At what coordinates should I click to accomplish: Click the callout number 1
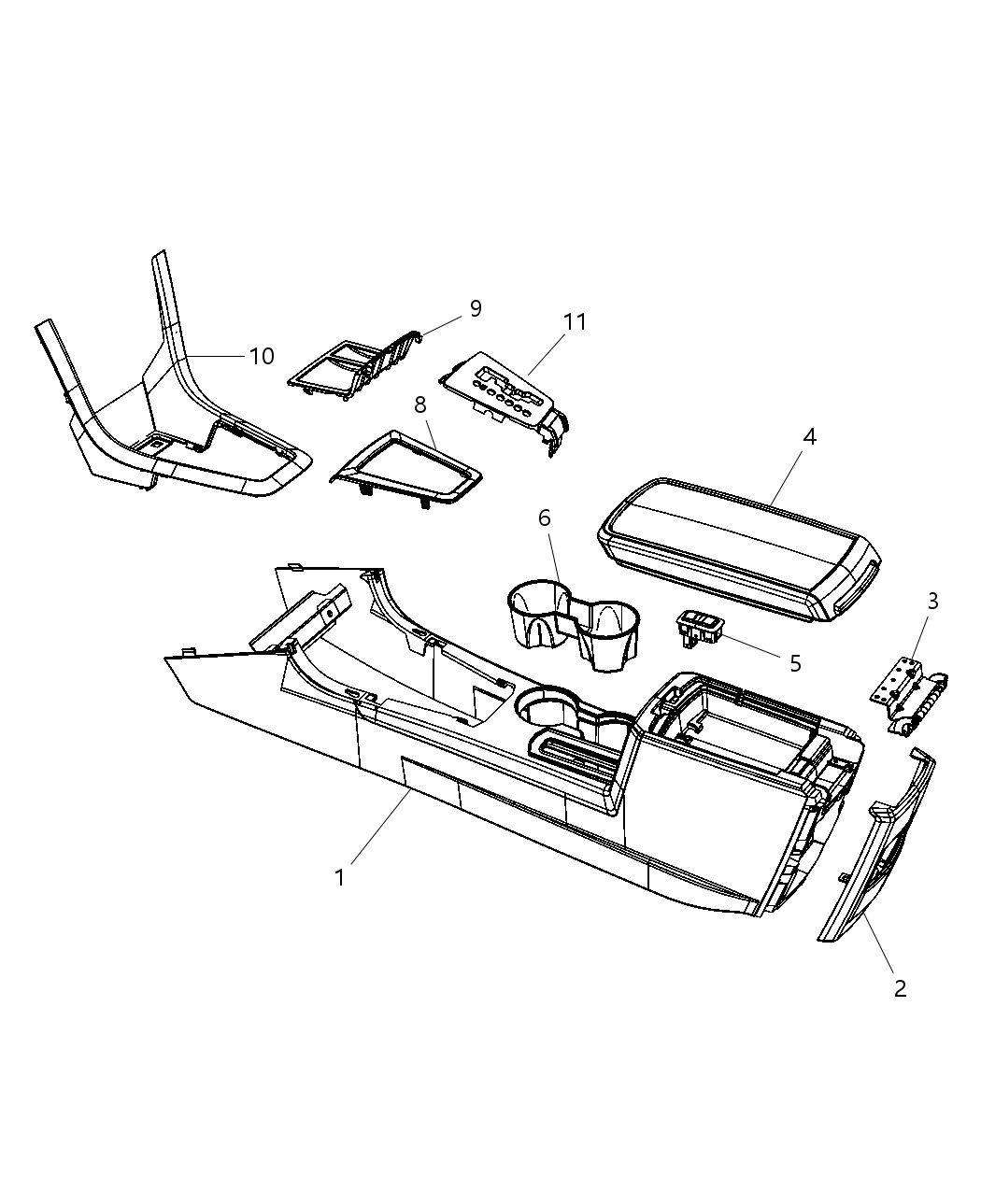click(340, 878)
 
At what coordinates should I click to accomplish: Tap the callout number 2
click(900, 988)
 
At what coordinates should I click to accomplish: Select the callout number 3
click(932, 602)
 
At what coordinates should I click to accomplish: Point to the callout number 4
click(810, 436)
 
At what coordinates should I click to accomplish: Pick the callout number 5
click(795, 663)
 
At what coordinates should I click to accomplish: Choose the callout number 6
click(545, 518)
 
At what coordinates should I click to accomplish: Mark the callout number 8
click(420, 404)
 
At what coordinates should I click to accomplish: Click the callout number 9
click(476, 308)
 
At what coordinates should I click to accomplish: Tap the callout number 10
click(262, 356)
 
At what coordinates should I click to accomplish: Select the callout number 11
click(575, 322)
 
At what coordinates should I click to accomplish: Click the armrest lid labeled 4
click(738, 542)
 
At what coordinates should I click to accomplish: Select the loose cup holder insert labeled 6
click(572, 621)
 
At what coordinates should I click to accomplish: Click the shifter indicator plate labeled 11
click(500, 397)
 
